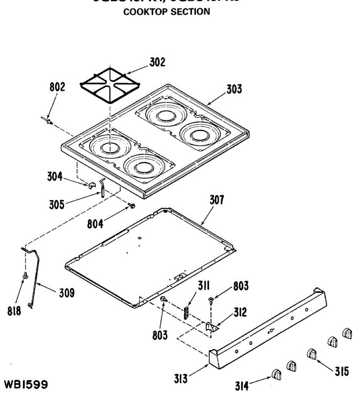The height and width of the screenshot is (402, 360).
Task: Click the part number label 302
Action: tap(157, 62)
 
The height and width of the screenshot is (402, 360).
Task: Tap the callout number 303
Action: tap(234, 89)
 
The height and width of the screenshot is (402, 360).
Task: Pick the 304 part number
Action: tap(55, 176)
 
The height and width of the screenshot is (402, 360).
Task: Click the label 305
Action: tap(57, 204)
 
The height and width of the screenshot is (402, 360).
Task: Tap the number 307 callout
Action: tap(217, 200)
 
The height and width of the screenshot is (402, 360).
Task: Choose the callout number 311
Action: tap(204, 286)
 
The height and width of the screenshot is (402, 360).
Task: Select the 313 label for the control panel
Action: tap(181, 379)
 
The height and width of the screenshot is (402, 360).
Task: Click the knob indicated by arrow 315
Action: tap(312, 354)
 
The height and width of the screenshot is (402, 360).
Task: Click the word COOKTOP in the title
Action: tap(145, 12)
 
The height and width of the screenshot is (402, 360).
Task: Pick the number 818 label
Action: tap(14, 311)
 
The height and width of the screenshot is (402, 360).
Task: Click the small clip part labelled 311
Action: tap(186, 312)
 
